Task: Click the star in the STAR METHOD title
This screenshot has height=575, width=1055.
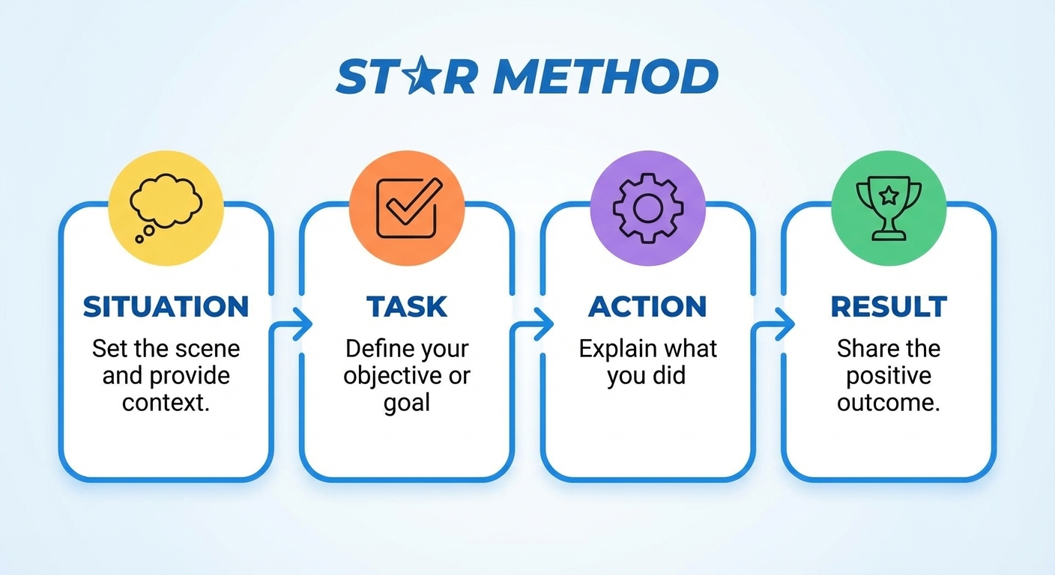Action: tap(417, 77)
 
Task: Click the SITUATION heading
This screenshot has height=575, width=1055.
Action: tap(166, 307)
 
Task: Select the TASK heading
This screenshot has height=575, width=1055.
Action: tap(407, 307)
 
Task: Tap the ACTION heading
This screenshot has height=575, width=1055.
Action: tap(648, 307)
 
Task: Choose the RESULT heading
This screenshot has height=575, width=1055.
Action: tap(889, 307)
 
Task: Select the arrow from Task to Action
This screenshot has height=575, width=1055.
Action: tap(533, 324)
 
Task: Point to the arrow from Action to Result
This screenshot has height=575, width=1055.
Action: tap(775, 324)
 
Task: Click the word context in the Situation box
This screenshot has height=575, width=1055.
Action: tap(164, 403)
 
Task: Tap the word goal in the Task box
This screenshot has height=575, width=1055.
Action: tap(407, 403)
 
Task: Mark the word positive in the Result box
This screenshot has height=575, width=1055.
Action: tap(889, 376)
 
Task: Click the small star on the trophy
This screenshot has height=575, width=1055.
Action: tap(889, 196)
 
